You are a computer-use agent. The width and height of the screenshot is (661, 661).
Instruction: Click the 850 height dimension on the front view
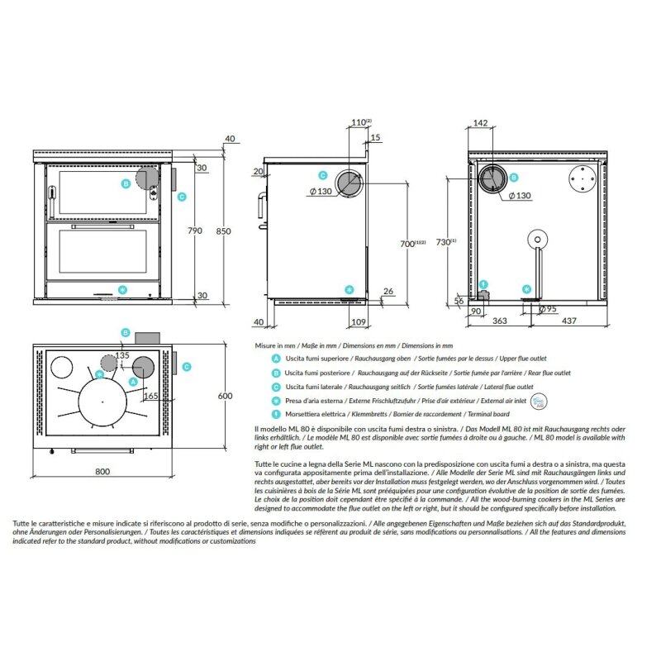click(223, 231)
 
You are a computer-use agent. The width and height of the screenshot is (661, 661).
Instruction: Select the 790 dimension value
click(195, 231)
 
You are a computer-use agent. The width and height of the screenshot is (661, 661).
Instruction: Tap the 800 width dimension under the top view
click(102, 472)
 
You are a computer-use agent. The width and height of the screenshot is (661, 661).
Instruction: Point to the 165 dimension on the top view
click(150, 397)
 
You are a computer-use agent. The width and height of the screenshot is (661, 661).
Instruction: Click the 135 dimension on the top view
click(122, 355)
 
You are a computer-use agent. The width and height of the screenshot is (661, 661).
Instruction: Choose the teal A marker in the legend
click(275, 359)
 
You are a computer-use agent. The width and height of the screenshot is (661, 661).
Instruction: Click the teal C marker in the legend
click(275, 386)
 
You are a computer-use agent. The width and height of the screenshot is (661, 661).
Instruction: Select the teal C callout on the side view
click(323, 176)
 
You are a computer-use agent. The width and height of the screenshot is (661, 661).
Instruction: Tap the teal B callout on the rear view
click(513, 178)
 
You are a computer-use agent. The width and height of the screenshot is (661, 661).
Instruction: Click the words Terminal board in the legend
click(490, 412)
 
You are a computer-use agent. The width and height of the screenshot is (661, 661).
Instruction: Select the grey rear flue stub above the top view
click(150, 338)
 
